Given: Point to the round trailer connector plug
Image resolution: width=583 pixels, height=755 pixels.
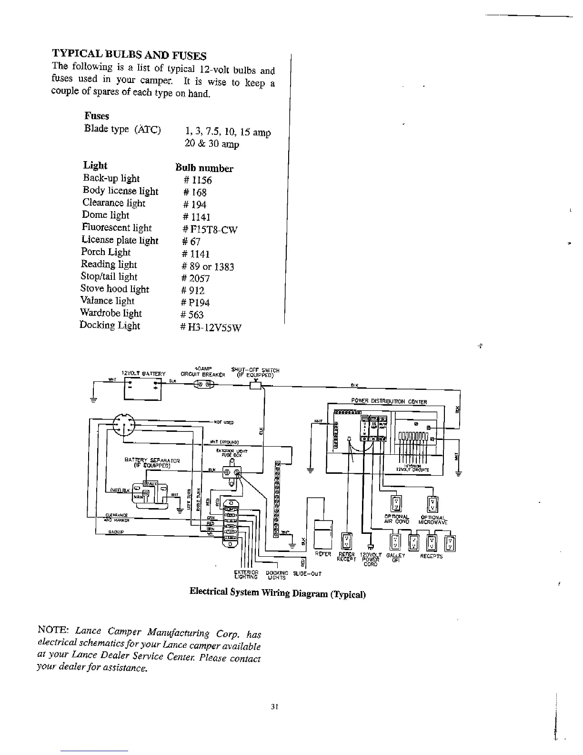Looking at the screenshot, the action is click(x=124, y=424).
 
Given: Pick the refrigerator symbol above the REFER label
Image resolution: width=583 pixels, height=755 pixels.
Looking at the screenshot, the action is click(x=323, y=534).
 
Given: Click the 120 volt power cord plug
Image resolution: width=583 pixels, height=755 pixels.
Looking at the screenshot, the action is click(x=370, y=548).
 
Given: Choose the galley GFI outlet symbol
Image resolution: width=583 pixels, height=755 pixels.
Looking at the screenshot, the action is click(x=395, y=542).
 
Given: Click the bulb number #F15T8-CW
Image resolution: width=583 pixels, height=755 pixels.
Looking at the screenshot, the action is click(x=209, y=230).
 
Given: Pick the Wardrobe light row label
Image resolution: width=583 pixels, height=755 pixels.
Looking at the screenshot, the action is click(x=111, y=313).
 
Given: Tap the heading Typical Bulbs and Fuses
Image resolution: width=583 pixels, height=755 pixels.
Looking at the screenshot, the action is click(x=129, y=54).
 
